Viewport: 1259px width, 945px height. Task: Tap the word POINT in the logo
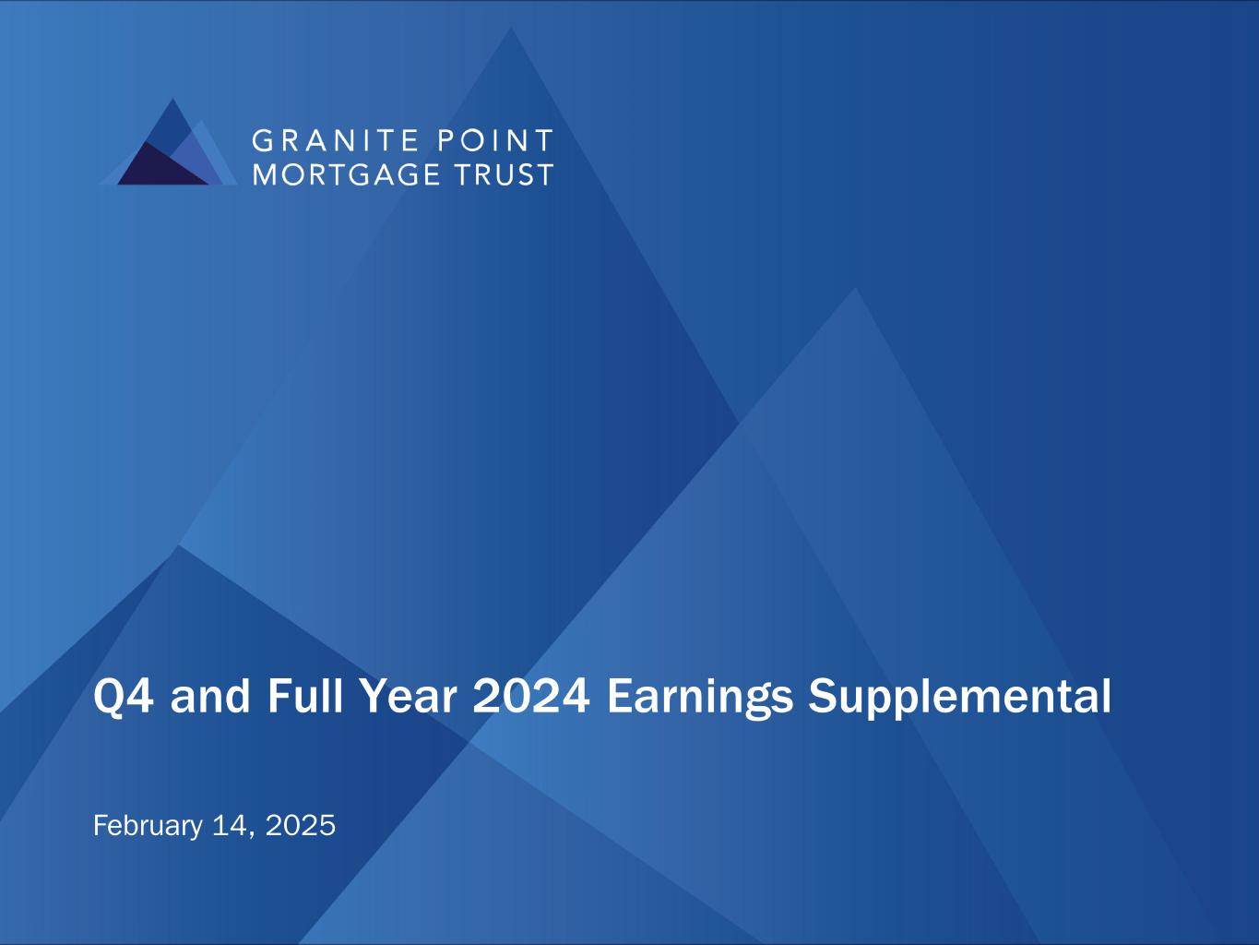[495, 140]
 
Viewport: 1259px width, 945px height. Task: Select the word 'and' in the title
[210, 696]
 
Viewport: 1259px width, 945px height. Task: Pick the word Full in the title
[304, 696]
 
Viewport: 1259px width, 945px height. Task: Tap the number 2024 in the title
[531, 697]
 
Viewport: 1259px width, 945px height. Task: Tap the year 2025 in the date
[301, 826]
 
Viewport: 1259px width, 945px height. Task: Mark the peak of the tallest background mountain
[511, 27]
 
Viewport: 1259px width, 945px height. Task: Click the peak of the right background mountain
[855, 288]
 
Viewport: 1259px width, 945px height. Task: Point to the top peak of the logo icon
[172, 99]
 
